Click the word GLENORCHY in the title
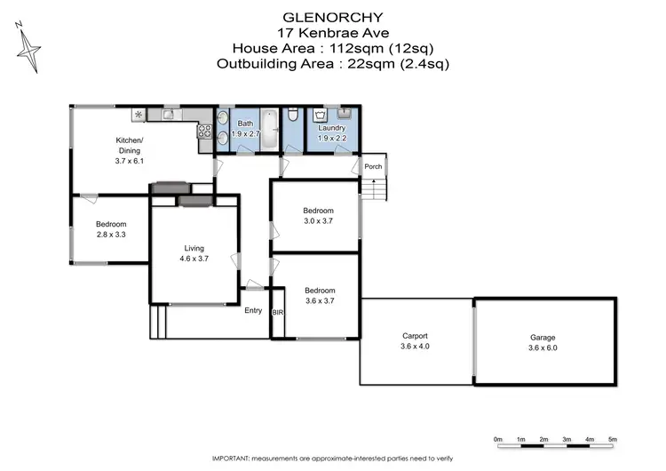[333, 16]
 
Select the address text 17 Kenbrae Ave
[333, 32]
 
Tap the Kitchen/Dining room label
[129, 146]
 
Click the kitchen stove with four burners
[202, 133]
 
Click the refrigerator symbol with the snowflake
[139, 115]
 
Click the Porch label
[373, 166]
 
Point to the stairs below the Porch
[377, 190]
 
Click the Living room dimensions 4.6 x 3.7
[194, 259]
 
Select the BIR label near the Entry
[278, 314]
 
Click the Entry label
[253, 310]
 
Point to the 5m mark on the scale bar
[613, 439]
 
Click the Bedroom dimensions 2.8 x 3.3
[111, 235]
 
